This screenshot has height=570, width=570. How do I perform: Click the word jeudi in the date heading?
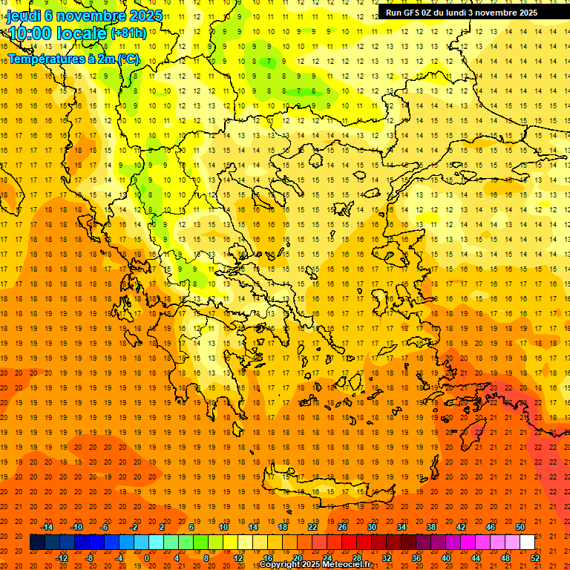click(23, 16)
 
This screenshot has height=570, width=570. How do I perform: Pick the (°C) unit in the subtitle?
click(127, 59)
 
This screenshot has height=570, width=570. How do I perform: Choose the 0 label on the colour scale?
click(147, 558)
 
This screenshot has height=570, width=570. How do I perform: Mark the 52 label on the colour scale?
click(535, 558)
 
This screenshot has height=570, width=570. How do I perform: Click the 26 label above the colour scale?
click(342, 527)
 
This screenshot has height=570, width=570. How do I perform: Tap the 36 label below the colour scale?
click(416, 558)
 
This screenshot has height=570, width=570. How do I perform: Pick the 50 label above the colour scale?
click(520, 527)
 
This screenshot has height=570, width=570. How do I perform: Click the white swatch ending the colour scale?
click(528, 543)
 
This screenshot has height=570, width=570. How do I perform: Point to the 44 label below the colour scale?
click(476, 558)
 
